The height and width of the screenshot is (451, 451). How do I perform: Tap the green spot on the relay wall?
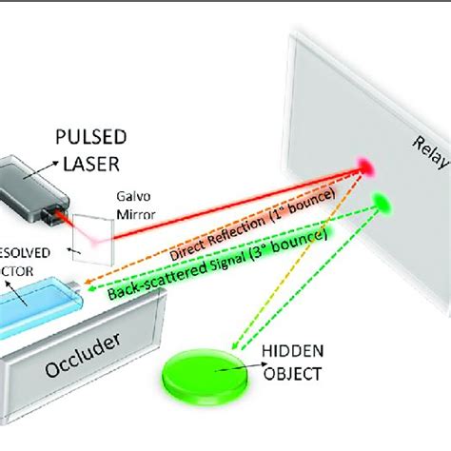tap(385, 202)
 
